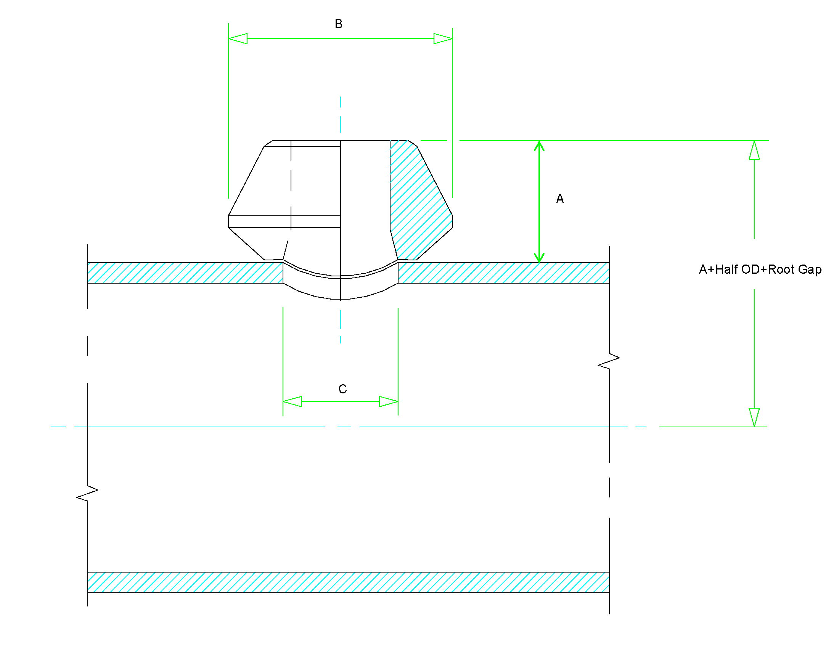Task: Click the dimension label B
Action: point(338,24)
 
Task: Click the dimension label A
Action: point(560,199)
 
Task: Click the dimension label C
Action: point(342,389)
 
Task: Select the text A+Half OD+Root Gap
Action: point(760,269)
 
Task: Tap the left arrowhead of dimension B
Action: point(238,39)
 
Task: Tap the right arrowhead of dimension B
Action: point(443,39)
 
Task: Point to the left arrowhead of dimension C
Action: point(293,401)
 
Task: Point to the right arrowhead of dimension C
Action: point(389,401)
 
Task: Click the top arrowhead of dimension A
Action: point(539,146)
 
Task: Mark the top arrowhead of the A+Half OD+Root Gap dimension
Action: point(754,150)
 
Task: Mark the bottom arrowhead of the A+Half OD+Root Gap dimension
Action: point(754,417)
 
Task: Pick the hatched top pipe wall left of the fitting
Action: point(185,273)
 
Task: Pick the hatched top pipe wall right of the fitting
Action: point(503,273)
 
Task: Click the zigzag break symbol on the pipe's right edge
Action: point(609,361)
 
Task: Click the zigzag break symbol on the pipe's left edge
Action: point(87,494)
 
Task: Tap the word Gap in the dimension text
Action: point(810,269)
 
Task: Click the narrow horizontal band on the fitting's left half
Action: point(284,221)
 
